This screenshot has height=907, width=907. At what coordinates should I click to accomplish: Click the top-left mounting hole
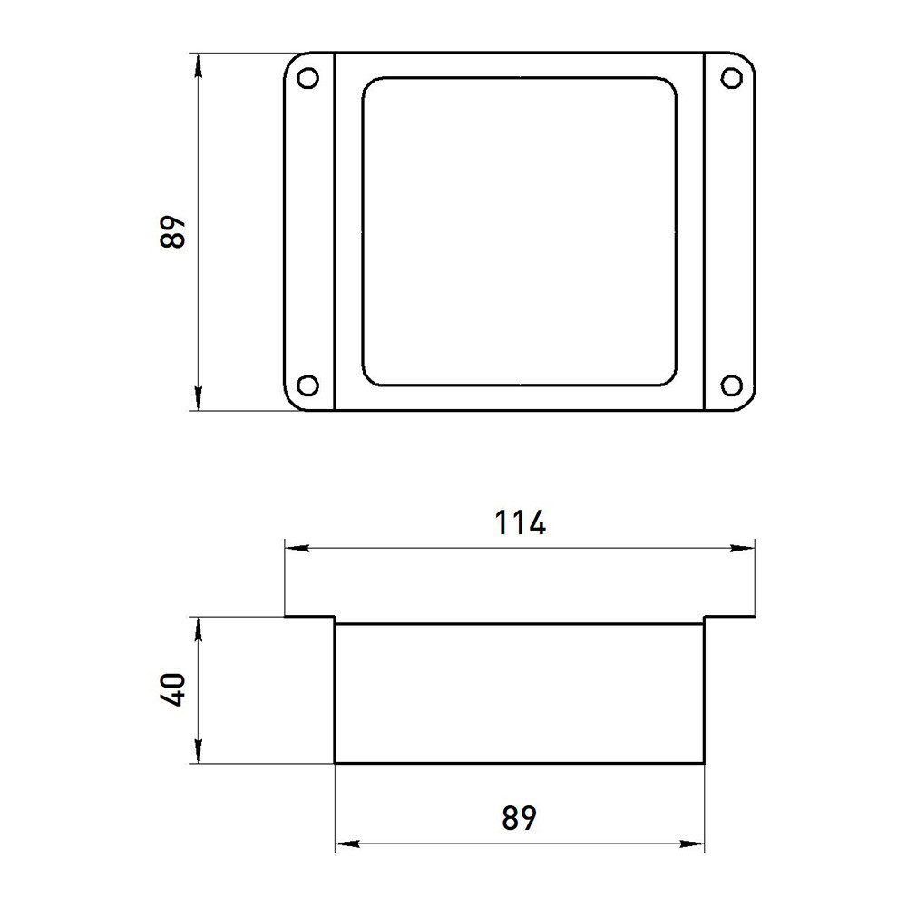pos(307,78)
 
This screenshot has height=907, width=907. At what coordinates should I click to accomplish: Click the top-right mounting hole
pos(732,78)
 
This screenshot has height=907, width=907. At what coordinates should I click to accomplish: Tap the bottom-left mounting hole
pos(307,385)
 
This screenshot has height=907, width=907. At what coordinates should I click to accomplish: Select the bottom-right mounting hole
pos(732,385)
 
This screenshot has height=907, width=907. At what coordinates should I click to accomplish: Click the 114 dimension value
pos(520,522)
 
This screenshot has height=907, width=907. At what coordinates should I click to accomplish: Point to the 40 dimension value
pos(172,689)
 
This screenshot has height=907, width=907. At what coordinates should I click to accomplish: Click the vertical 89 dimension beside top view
pos(172,232)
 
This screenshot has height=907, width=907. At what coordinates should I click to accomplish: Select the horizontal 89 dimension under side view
pos(520,818)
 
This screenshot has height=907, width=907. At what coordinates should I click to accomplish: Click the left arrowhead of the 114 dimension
pos(297,548)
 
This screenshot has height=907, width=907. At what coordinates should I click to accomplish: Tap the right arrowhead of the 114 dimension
pos(743,548)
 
